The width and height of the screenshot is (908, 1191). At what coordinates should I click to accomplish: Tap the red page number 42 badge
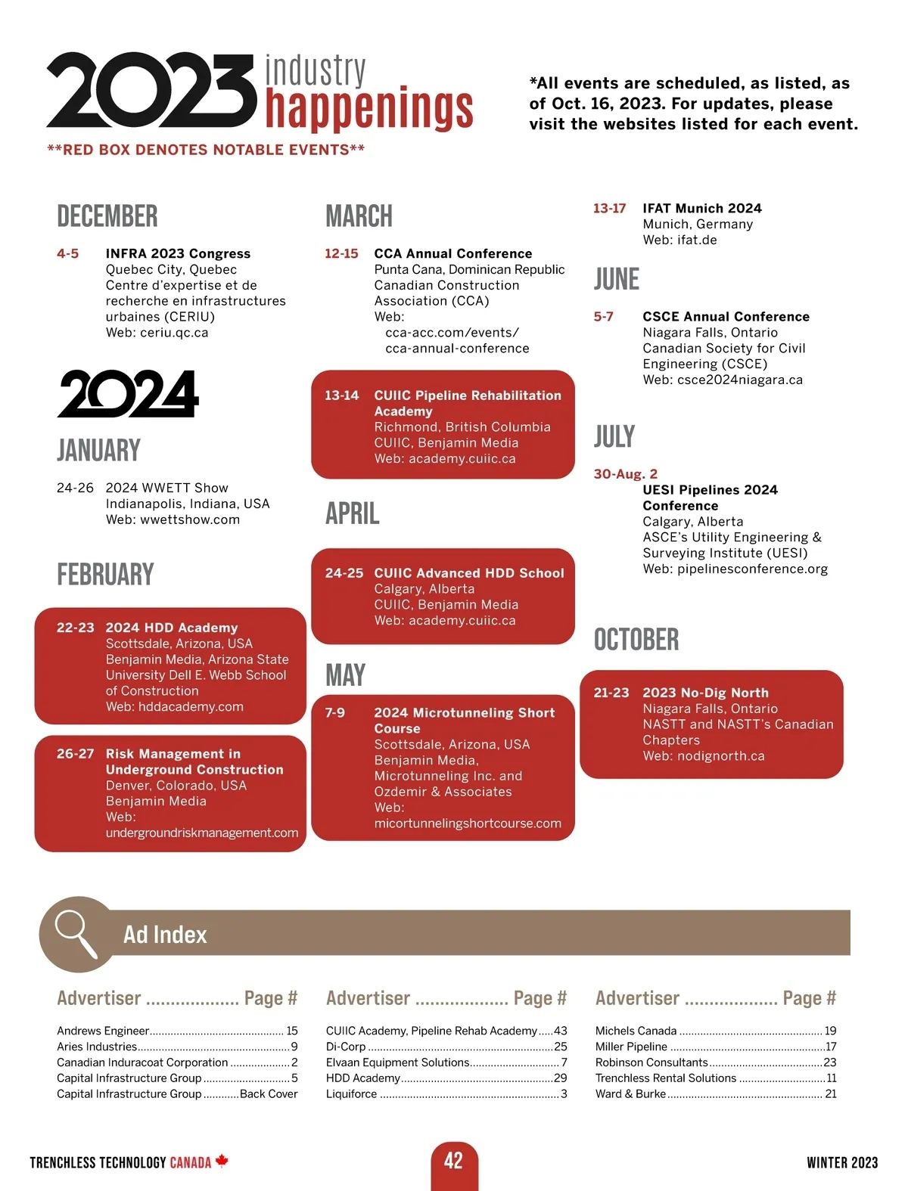click(454, 1161)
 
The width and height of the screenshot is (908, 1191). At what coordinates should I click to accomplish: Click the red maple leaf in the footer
click(222, 1161)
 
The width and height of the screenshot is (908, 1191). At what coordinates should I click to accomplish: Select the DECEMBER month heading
click(107, 216)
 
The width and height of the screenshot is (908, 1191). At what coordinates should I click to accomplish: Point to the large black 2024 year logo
click(128, 393)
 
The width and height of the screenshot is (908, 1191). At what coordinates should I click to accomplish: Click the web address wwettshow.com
click(190, 520)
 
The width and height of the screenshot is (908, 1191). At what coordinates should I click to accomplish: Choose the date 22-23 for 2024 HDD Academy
click(76, 628)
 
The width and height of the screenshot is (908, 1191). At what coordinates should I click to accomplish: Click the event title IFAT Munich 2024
click(702, 208)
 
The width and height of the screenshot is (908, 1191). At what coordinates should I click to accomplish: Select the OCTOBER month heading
click(636, 640)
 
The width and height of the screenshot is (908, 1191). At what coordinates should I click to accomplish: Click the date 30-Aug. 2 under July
click(626, 474)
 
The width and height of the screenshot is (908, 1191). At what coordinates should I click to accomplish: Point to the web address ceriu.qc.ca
click(174, 333)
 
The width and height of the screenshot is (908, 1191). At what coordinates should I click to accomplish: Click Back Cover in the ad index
click(269, 1093)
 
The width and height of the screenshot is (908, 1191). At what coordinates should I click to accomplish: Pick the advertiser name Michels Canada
click(636, 1031)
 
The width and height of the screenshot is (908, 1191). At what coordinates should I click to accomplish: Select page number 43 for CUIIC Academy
click(560, 1031)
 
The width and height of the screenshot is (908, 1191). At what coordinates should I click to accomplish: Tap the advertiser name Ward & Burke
click(630, 1093)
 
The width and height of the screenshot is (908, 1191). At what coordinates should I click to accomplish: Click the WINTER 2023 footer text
click(842, 1162)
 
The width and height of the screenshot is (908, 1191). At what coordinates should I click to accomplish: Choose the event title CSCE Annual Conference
click(726, 317)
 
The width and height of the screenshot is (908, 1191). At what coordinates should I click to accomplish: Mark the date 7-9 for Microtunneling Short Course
click(335, 712)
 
